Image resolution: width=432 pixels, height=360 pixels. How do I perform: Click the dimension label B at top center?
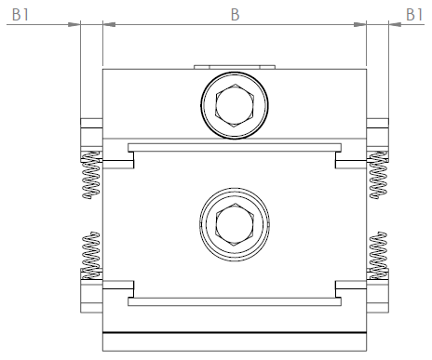236,15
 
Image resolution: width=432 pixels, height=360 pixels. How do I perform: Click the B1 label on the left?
20,15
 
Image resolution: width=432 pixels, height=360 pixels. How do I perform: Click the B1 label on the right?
414,15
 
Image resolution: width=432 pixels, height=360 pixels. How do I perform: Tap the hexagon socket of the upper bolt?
235,105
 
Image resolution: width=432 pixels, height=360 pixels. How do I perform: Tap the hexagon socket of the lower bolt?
235,225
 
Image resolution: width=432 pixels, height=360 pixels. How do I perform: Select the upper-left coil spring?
90,175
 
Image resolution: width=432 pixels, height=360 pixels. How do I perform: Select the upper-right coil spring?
378,175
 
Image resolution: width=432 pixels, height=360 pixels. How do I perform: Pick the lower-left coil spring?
90,255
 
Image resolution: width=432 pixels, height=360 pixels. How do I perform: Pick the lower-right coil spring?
378,255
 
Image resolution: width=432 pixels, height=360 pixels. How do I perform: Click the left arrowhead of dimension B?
109,24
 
